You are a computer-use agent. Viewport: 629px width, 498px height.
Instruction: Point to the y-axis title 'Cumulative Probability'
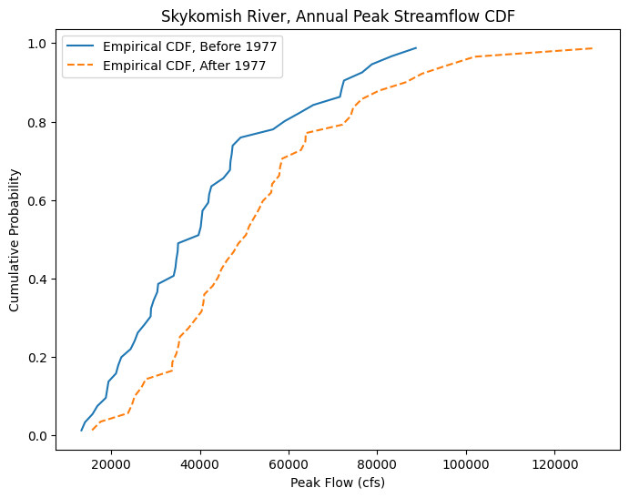[x=15, y=239]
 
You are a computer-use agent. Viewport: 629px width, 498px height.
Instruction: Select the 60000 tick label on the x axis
[x=289, y=462]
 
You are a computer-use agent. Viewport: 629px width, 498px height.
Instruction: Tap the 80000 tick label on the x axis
[x=378, y=462]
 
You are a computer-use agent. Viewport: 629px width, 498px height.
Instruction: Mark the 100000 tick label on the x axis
[x=466, y=462]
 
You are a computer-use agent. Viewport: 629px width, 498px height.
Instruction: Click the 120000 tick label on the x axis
[x=555, y=462]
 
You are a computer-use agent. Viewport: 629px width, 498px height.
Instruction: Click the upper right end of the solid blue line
[x=416, y=48]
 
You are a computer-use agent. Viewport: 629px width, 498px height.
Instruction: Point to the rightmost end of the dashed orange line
[x=593, y=48]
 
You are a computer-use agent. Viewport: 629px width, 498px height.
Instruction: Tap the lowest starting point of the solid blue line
[x=82, y=431]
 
